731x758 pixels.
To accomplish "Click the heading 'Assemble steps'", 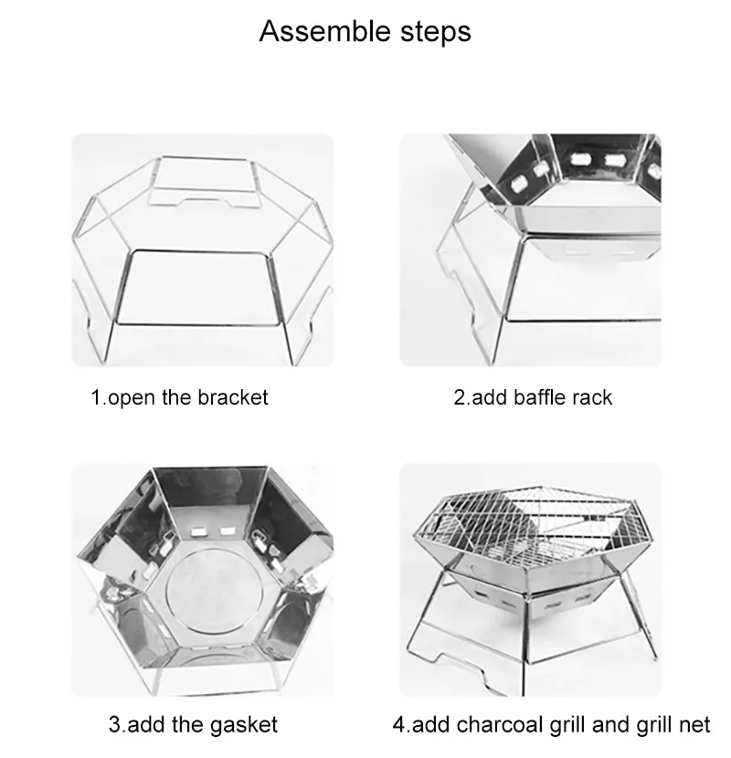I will point(365,31).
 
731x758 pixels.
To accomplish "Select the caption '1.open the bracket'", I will point(179,398).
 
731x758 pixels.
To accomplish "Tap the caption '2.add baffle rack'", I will point(533,398).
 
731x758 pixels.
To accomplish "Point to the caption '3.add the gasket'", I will point(192,725).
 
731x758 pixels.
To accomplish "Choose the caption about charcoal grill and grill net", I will point(551,725).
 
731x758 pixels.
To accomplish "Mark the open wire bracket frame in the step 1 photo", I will point(203,251).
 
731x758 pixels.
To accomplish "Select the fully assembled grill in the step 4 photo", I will point(530,575).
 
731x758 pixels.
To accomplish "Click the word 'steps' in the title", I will point(433,31).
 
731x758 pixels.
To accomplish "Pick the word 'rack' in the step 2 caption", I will point(593,398).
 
